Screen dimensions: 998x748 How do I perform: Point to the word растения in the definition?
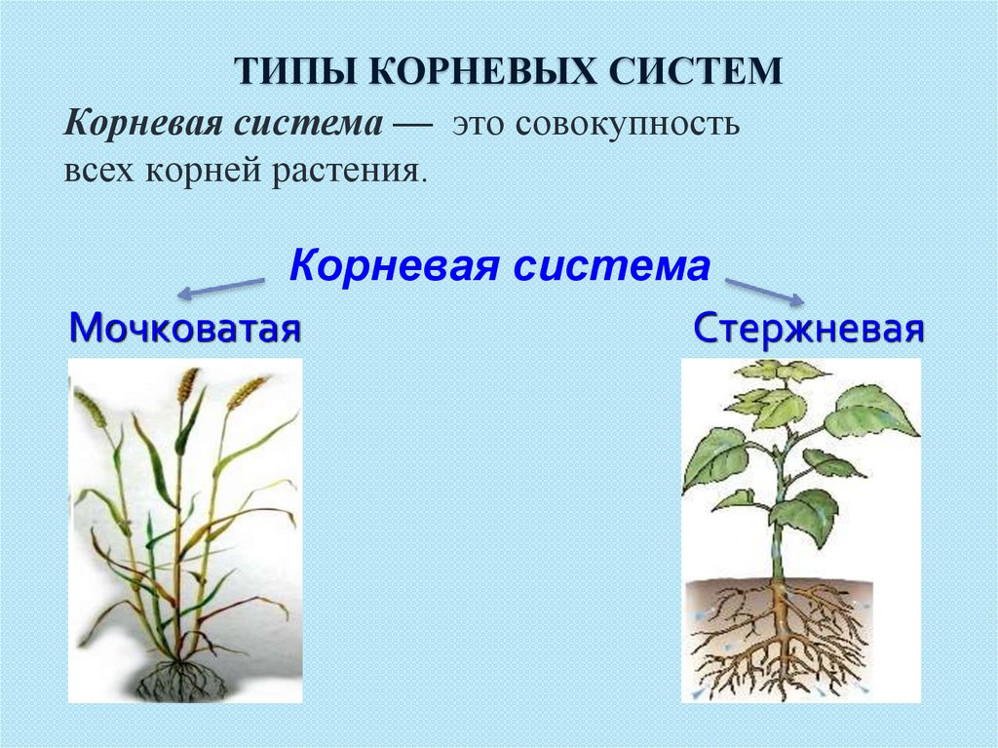349,171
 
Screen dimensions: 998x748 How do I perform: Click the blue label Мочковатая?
184,329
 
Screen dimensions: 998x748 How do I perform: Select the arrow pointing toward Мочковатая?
221,288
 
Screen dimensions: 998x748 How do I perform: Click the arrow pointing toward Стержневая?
765,292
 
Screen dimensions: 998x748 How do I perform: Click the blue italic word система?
612,265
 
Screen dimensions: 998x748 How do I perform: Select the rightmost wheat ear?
247,392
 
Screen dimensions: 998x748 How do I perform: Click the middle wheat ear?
188,385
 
